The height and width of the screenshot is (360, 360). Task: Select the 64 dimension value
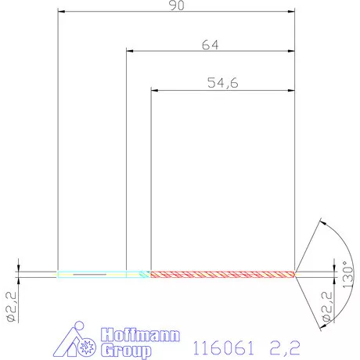click(x=210, y=45)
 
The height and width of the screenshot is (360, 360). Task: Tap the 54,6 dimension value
click(x=222, y=83)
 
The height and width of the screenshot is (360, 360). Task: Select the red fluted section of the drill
click(x=222, y=274)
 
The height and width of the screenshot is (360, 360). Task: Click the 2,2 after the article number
click(x=284, y=344)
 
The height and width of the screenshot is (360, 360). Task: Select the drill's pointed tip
click(x=297, y=274)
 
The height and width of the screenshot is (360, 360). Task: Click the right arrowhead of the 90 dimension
click(x=291, y=13)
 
